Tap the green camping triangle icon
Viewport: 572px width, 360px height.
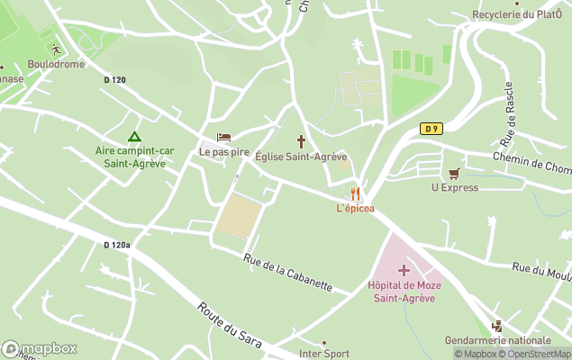pyautogui.click(x=134, y=137)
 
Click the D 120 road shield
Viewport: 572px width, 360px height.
pyautogui.click(x=115, y=80)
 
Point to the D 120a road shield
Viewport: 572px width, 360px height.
pyautogui.click(x=117, y=245)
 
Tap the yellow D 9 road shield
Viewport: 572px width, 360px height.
pyautogui.click(x=431, y=129)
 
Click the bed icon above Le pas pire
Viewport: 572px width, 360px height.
pyautogui.click(x=224, y=137)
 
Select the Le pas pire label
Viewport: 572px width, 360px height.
pyautogui.click(x=224, y=152)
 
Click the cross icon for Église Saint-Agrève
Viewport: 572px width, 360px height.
pyautogui.click(x=301, y=141)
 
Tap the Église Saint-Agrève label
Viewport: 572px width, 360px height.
pyautogui.click(x=301, y=157)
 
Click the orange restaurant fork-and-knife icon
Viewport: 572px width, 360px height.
pyautogui.click(x=355, y=193)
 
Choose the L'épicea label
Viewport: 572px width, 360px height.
pyautogui.click(x=355, y=209)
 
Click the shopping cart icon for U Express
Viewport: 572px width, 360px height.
pyautogui.click(x=454, y=173)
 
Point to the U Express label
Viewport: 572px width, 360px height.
pyautogui.click(x=454, y=188)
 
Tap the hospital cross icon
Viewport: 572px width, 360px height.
pyautogui.click(x=403, y=269)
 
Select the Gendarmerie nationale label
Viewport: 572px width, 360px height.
pyautogui.click(x=497, y=340)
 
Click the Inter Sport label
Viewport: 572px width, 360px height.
pyautogui.click(x=324, y=354)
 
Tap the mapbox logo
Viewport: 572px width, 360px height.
pyautogui.click(x=40, y=348)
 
